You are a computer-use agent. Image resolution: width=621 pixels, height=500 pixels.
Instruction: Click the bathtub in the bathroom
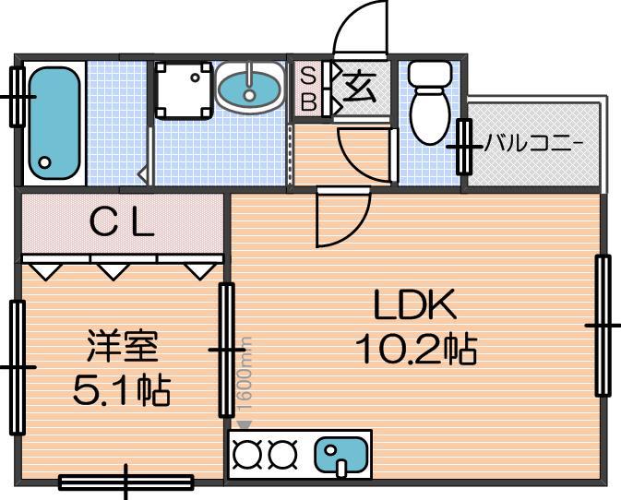(x=54, y=123)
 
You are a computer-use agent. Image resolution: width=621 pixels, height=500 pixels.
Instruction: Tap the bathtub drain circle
(x=45, y=162)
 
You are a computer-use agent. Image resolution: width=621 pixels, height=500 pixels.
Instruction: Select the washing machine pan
(x=182, y=89)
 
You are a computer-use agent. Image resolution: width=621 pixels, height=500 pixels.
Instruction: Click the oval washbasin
(x=249, y=88)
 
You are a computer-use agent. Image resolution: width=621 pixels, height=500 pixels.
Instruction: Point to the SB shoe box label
(x=308, y=89)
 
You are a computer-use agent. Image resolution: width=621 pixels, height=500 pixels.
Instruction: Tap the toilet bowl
(x=430, y=116)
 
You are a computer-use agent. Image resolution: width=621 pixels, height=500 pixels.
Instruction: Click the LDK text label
(x=414, y=304)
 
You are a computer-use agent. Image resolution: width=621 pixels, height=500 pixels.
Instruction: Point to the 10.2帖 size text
(x=416, y=350)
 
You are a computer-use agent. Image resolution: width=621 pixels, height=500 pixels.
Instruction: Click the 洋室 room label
(x=123, y=346)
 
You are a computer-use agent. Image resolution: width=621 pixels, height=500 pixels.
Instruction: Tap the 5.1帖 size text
(x=122, y=391)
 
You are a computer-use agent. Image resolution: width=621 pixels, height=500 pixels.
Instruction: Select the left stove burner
(x=248, y=454)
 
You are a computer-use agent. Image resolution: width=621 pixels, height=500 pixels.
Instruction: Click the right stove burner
(x=282, y=454)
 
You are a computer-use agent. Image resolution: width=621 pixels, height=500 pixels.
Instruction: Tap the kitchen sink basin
(x=341, y=455)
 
